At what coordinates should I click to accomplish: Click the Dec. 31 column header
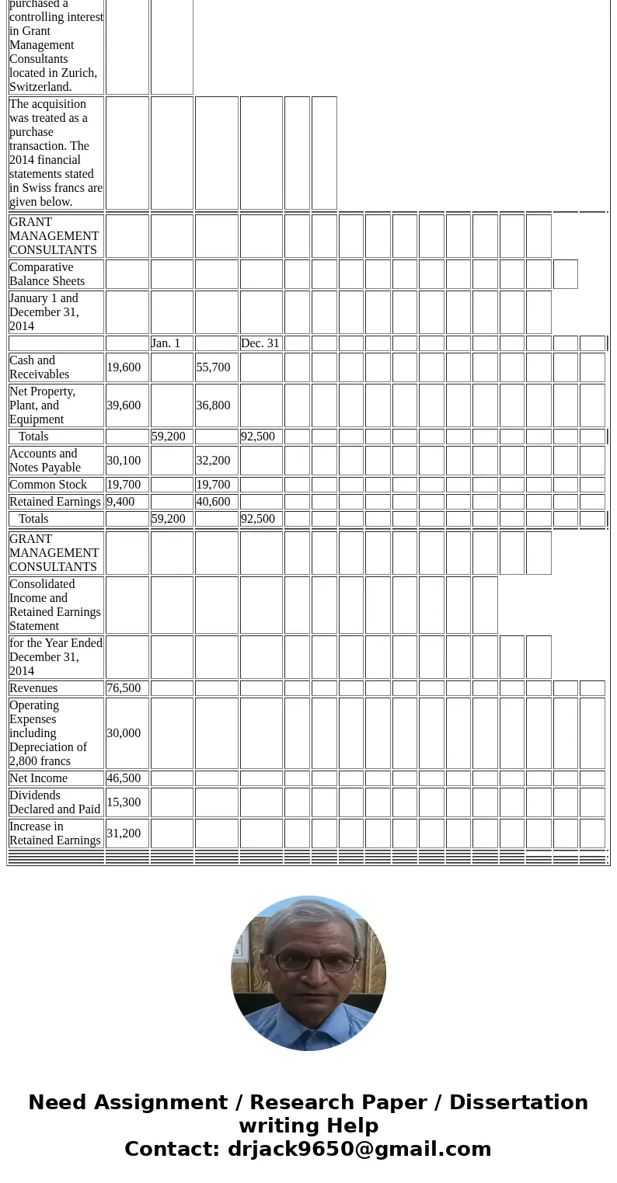260,343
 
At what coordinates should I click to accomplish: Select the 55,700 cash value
213,367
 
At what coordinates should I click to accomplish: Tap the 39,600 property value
124,405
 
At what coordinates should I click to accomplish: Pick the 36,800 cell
213,405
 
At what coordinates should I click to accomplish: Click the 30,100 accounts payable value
124,461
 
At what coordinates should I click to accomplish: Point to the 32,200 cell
213,461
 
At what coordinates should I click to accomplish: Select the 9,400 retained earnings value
120,502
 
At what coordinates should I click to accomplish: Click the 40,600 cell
213,502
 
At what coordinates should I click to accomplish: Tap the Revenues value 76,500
124,688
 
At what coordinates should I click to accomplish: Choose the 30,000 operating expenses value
124,733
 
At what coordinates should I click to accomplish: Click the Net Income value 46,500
124,778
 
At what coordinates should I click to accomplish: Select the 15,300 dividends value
124,802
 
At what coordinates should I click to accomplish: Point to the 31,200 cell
124,833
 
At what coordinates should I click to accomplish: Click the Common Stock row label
48,485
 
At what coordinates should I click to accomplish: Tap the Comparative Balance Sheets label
47,274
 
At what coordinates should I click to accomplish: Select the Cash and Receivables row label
39,367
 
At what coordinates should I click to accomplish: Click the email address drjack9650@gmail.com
359,1150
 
